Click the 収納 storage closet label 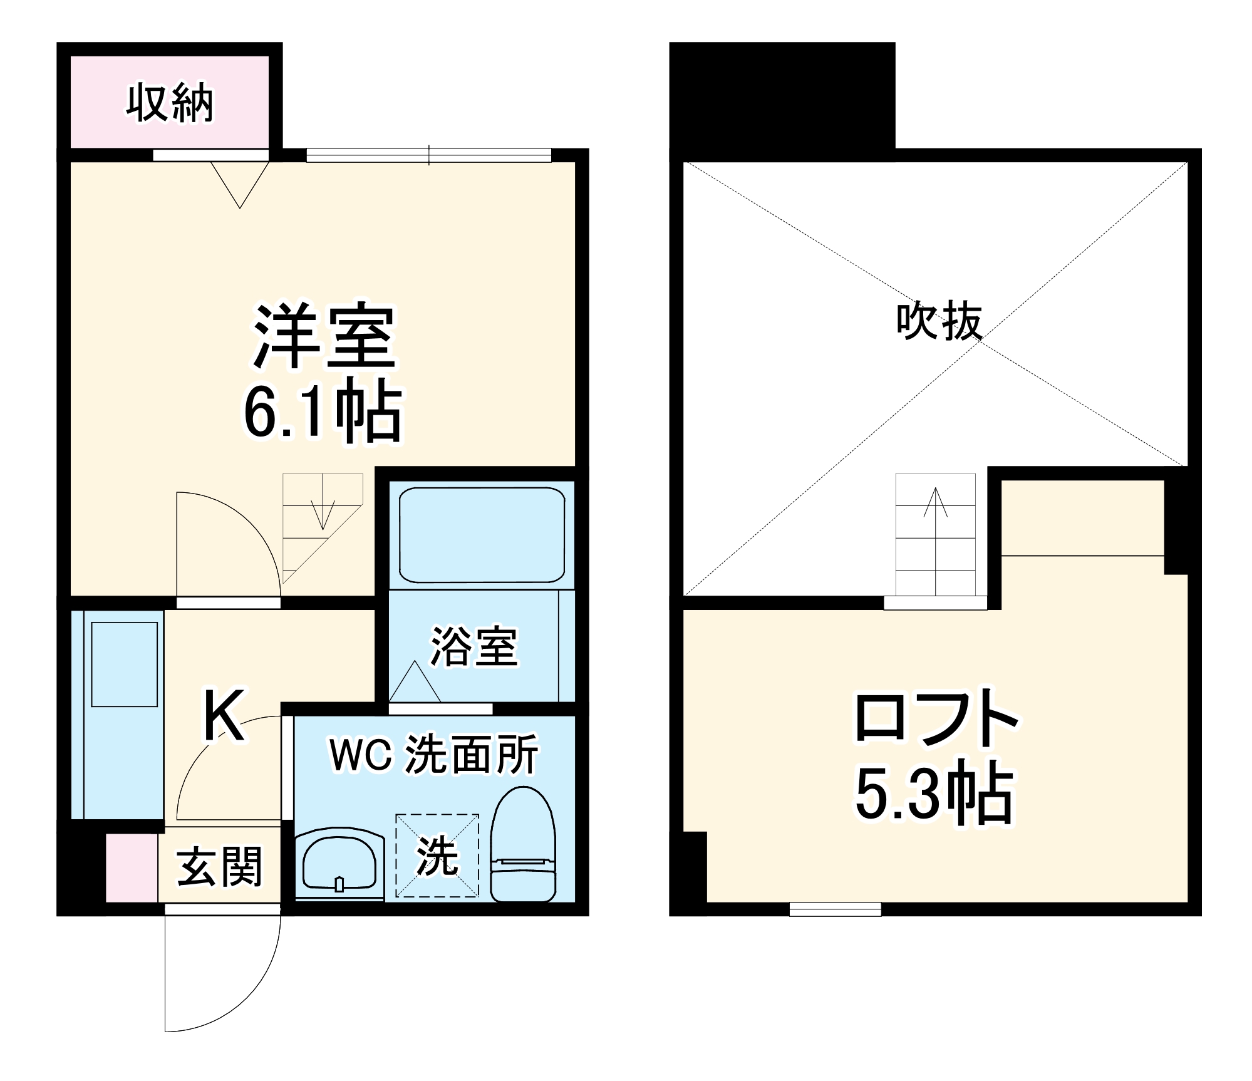pyautogui.click(x=170, y=103)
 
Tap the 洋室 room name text pyautogui.click(x=324, y=336)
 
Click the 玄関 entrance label pyautogui.click(x=219, y=867)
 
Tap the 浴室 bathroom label pyautogui.click(x=474, y=646)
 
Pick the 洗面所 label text pyautogui.click(x=472, y=755)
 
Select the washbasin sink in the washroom pyautogui.click(x=339, y=864)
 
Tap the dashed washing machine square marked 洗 pyautogui.click(x=437, y=856)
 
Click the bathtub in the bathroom pyautogui.click(x=482, y=535)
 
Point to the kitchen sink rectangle pyautogui.click(x=124, y=665)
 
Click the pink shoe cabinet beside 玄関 pyautogui.click(x=131, y=867)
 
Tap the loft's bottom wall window pyautogui.click(x=835, y=908)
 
